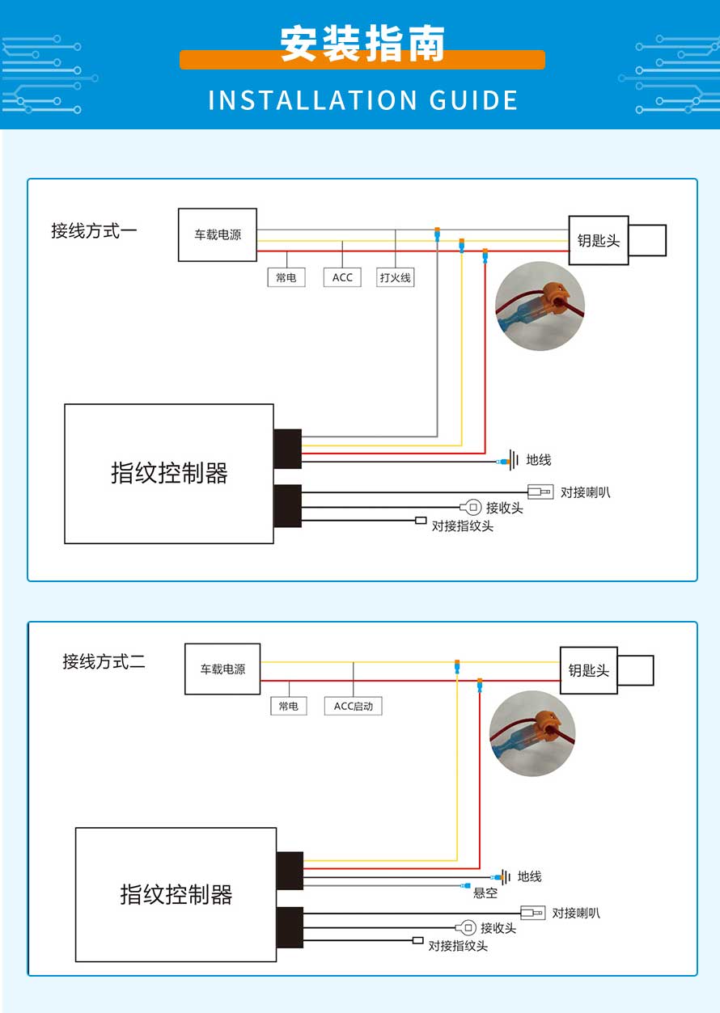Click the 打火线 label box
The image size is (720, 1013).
396,277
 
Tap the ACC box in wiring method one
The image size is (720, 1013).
342,277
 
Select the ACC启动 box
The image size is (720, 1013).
354,706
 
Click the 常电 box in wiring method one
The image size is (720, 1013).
286,277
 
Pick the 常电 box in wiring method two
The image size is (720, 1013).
288,706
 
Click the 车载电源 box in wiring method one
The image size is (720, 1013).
218,235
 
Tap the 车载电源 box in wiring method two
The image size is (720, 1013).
222,669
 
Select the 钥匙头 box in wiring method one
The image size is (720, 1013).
599,240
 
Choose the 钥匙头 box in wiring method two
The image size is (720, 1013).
589,670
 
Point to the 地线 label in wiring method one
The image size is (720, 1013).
539,460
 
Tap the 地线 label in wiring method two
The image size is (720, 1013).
530,876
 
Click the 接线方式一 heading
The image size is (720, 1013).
94,231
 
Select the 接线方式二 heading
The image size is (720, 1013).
104,661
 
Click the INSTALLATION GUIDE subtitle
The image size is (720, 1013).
362,100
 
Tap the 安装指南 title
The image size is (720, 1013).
362,44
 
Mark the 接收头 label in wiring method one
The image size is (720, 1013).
504,508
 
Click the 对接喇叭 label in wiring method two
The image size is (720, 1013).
576,913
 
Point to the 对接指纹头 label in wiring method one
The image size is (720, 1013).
462,525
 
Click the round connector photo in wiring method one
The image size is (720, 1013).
540,306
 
